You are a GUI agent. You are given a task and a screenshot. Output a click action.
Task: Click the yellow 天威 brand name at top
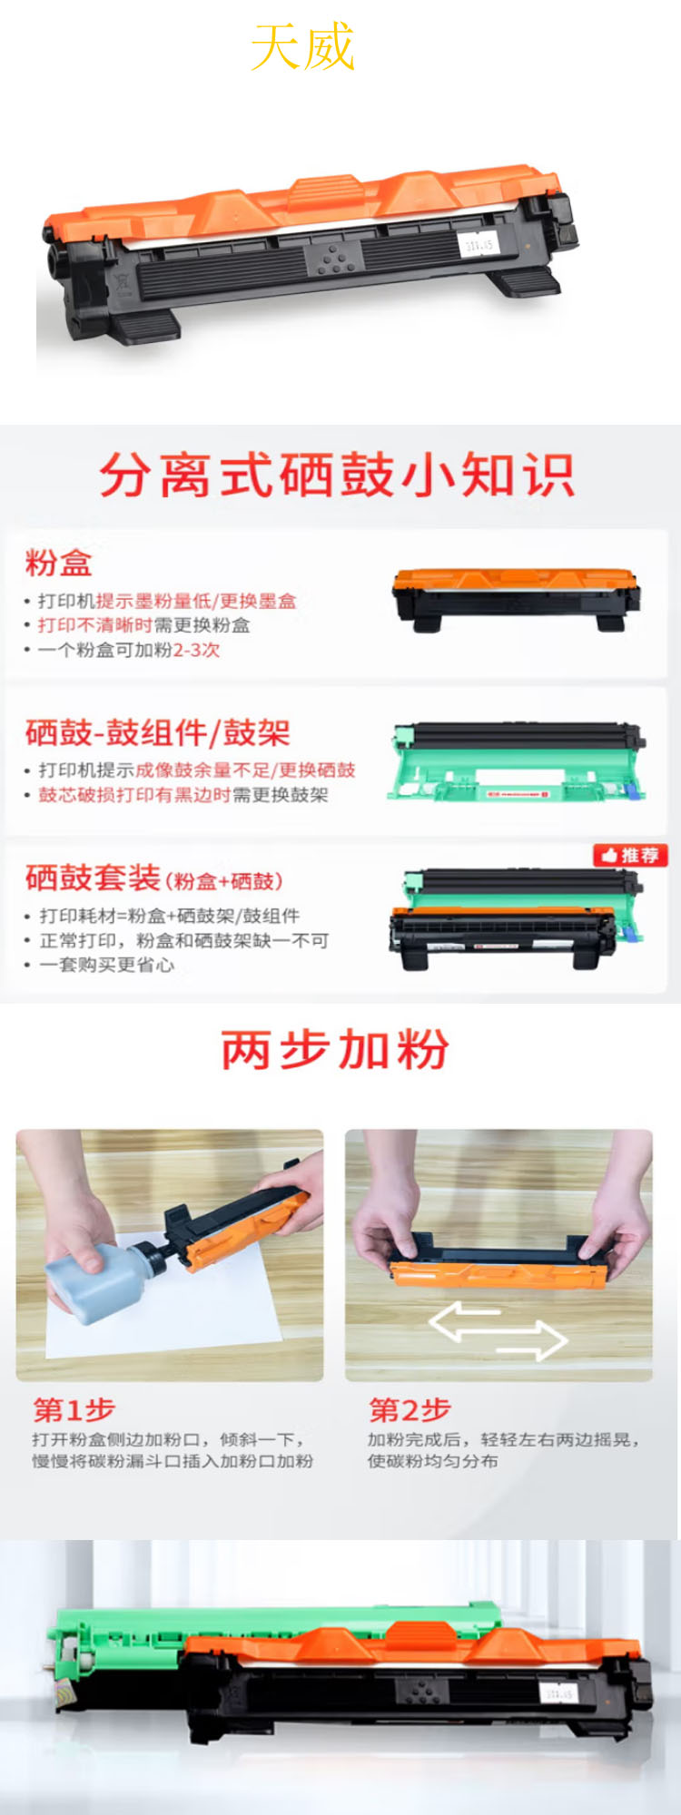tap(302, 47)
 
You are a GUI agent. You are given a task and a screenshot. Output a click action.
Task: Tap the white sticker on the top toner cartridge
tap(478, 244)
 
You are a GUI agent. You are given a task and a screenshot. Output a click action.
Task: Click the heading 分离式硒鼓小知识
tap(337, 475)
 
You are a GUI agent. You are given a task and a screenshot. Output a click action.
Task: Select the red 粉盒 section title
tap(58, 563)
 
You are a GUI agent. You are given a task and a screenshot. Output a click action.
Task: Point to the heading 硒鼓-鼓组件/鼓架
tap(157, 732)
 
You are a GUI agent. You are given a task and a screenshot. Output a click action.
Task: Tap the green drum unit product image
tap(518, 762)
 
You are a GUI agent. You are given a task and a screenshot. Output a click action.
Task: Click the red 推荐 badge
tap(631, 855)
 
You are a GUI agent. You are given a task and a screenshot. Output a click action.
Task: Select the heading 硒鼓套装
tap(93, 878)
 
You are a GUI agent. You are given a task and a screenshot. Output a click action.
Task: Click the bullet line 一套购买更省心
tap(106, 965)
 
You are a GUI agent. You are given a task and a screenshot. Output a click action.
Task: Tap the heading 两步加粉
tap(335, 1050)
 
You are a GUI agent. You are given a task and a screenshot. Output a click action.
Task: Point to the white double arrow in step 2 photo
tap(498, 1330)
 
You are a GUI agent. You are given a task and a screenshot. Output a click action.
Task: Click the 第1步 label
tap(74, 1409)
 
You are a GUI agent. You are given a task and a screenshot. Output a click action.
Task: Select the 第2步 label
tap(410, 1409)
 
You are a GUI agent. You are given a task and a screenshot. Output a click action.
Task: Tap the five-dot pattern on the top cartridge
tap(335, 259)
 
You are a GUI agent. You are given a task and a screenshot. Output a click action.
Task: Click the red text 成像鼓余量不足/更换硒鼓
tap(245, 770)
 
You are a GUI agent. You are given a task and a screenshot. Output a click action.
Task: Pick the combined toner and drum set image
tap(516, 921)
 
